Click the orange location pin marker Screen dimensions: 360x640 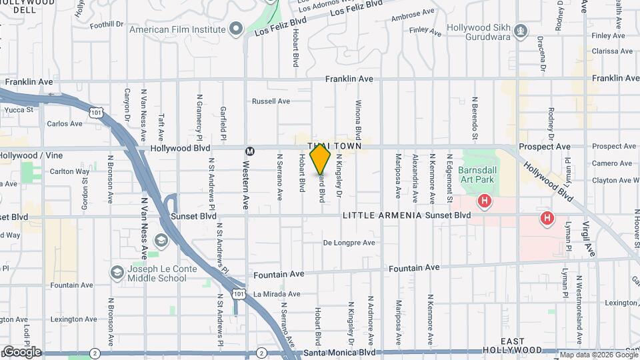tap(321, 159)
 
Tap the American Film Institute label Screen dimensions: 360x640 tap(177, 29)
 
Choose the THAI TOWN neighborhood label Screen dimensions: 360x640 tap(334, 145)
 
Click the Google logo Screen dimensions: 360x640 tap(21, 351)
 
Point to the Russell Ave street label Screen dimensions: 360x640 tap(271, 101)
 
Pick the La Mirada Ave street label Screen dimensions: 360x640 tap(276, 293)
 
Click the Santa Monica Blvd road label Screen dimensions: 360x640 tap(339, 352)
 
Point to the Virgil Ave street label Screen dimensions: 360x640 tap(589, 238)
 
